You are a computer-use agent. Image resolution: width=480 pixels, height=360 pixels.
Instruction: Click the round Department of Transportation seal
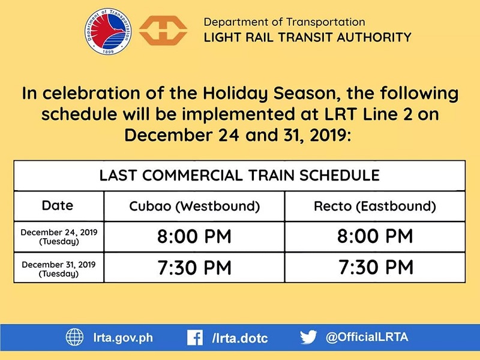click(108, 32)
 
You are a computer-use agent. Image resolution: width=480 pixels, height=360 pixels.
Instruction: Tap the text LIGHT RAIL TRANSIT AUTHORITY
click(307, 37)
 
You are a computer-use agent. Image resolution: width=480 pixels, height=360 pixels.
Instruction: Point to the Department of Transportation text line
click(284, 22)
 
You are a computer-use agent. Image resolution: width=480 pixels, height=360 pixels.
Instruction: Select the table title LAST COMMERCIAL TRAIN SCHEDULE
click(239, 175)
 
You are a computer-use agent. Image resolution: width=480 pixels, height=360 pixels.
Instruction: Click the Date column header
click(58, 206)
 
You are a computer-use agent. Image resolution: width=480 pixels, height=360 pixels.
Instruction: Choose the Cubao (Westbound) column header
click(194, 206)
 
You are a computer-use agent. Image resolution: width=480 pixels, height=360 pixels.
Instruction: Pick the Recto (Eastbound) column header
click(375, 206)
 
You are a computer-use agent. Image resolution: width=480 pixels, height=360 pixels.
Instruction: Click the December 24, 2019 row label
click(59, 236)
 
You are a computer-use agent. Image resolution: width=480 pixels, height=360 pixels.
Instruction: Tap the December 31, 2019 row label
click(59, 268)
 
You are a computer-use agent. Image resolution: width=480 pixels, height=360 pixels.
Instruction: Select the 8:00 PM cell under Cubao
click(194, 236)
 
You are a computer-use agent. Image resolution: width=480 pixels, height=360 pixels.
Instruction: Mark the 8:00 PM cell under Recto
click(375, 236)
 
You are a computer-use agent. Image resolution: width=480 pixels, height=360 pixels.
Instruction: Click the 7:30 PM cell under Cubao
click(194, 268)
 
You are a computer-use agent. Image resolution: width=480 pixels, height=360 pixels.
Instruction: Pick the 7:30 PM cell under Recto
click(375, 268)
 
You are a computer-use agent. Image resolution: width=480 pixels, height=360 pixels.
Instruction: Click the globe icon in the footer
click(75, 338)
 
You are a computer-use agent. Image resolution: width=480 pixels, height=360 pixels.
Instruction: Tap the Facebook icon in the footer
click(194, 338)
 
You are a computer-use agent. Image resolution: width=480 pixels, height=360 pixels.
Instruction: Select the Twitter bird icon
click(308, 337)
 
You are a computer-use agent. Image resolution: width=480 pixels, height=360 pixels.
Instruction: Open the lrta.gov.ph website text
click(121, 338)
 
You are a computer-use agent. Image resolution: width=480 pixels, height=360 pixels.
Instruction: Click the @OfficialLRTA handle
click(367, 337)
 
